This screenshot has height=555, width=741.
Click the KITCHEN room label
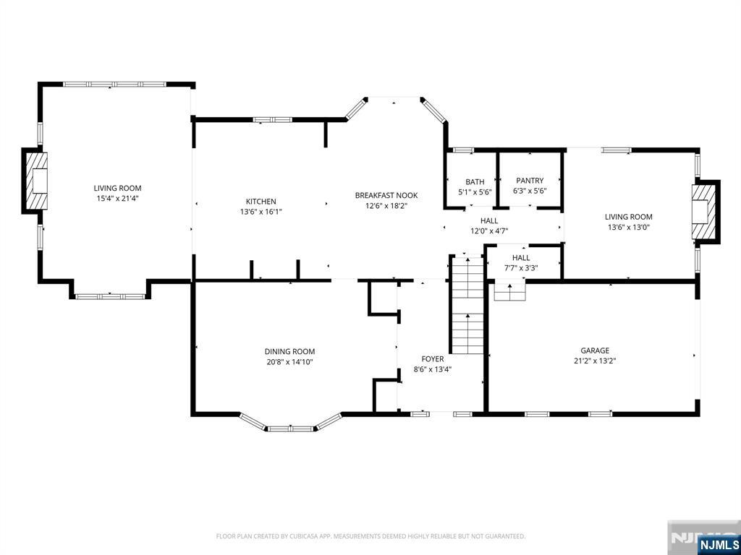261,202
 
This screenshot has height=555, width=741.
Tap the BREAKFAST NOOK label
386,195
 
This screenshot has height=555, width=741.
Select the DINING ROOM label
289,351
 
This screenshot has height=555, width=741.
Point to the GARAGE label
595,350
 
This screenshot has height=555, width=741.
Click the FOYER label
433,359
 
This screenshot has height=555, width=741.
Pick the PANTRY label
530,180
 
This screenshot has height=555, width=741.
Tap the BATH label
475,181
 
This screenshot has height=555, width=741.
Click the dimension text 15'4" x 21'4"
118,199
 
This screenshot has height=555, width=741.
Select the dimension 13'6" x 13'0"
629,227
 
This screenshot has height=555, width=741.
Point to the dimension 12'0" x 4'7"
489,231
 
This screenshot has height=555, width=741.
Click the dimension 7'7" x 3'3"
521,268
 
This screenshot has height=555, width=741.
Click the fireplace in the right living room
705,212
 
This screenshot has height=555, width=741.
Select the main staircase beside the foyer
467,304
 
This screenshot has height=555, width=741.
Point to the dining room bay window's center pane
290,429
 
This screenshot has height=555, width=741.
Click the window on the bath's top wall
463,150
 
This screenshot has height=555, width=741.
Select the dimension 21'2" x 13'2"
595,361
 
